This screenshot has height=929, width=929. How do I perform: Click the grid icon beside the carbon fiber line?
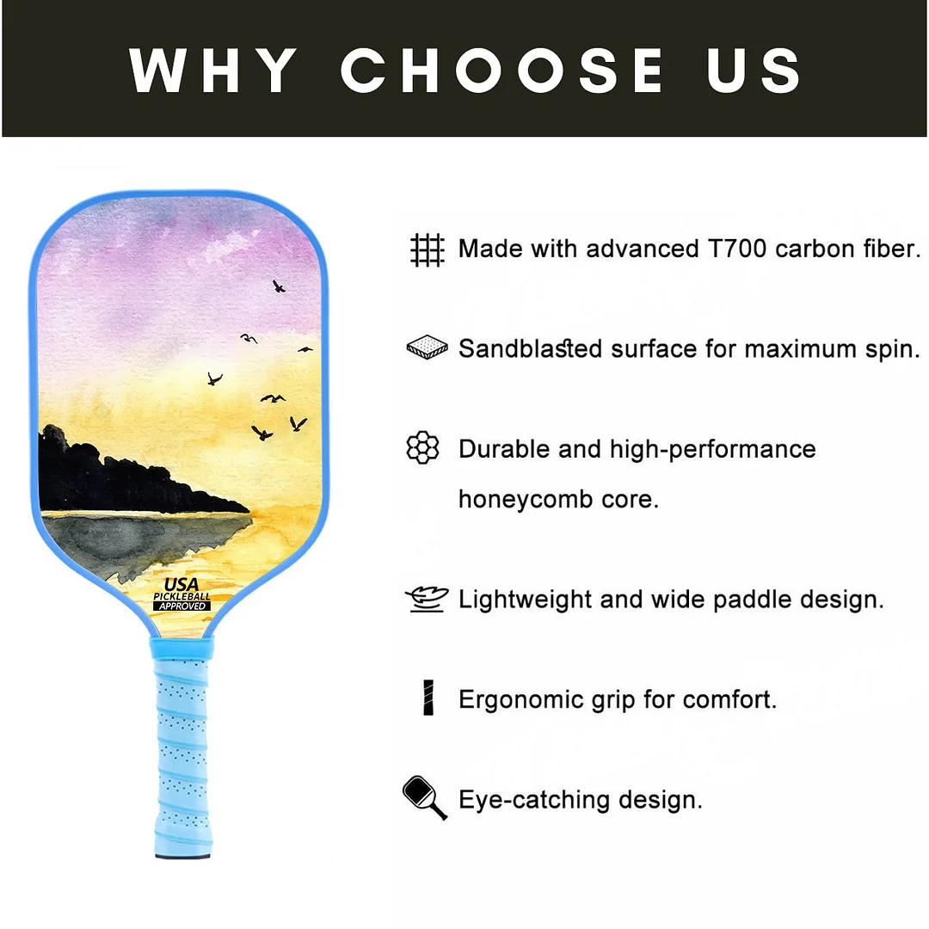click(427, 249)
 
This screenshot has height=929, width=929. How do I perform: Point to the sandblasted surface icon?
click(427, 348)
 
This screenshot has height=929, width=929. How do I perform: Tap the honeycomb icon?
click(422, 448)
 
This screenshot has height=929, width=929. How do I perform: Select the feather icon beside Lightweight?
click(427, 599)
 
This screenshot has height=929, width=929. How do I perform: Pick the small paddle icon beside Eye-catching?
click(424, 797)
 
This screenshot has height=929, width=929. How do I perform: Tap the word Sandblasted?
click(530, 348)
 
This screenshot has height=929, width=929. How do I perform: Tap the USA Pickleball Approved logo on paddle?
click(181, 594)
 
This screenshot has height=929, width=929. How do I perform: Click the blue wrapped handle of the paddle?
click(181, 740)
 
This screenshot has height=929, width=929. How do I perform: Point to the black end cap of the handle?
click(181, 853)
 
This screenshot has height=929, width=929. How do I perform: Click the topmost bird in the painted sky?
click(278, 286)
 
